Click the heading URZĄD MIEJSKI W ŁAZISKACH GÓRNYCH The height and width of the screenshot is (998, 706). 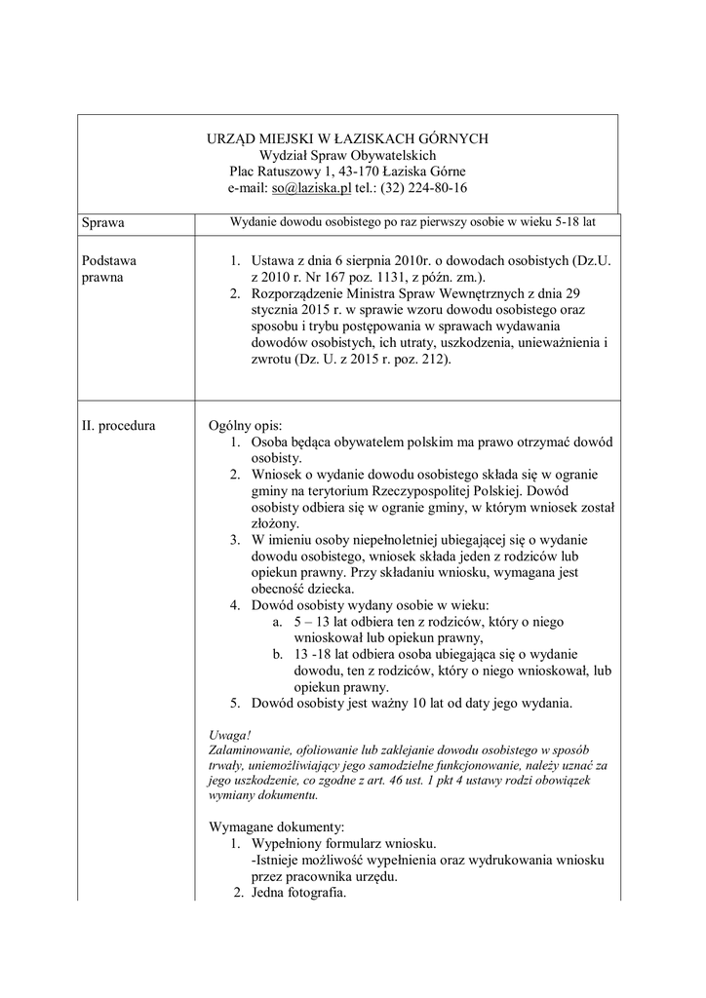[x=347, y=138]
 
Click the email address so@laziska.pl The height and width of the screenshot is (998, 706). [x=311, y=188]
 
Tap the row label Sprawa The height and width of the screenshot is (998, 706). [x=104, y=223]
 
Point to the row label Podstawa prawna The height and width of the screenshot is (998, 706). [x=109, y=270]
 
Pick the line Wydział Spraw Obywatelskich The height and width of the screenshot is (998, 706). [x=347, y=155]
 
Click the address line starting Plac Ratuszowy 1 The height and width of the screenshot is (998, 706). [x=347, y=172]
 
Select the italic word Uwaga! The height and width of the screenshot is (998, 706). [x=230, y=734]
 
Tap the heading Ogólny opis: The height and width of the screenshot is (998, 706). [x=245, y=426]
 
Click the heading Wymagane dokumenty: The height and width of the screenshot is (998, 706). [x=270, y=826]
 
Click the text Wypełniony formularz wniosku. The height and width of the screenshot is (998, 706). [x=343, y=843]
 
